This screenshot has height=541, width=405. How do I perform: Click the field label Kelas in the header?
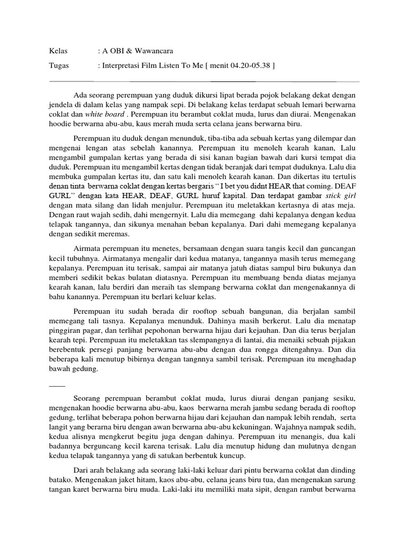[x=57, y=51]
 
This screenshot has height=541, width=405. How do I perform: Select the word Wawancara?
[x=152, y=51]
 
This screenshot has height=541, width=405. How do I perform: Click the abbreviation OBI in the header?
[x=117, y=51]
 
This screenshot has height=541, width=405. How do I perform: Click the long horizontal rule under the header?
[x=204, y=82]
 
